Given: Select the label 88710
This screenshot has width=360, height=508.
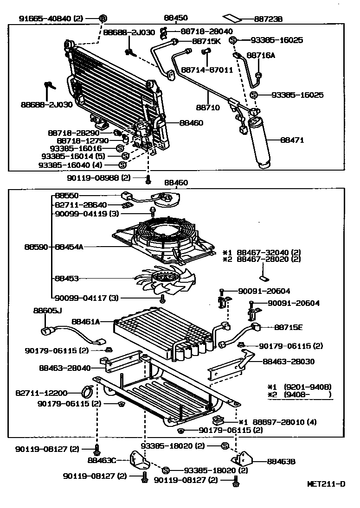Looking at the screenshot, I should click(x=207, y=107).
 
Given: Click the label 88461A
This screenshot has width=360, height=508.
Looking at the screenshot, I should click(x=86, y=320).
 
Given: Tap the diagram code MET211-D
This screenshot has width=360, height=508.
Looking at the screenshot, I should click(x=326, y=484).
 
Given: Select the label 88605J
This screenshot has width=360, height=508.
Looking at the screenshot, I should click(x=47, y=310).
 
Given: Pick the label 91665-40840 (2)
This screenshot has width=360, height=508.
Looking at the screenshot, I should click(x=51, y=19).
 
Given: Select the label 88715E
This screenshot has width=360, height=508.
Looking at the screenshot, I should click(x=288, y=327).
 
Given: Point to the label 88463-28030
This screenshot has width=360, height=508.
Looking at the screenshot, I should click(x=288, y=362).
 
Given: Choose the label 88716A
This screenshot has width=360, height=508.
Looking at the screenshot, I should click(x=261, y=55).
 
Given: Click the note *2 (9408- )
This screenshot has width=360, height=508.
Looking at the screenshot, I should click(x=300, y=395).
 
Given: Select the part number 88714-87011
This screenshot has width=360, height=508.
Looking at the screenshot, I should click(x=207, y=70).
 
